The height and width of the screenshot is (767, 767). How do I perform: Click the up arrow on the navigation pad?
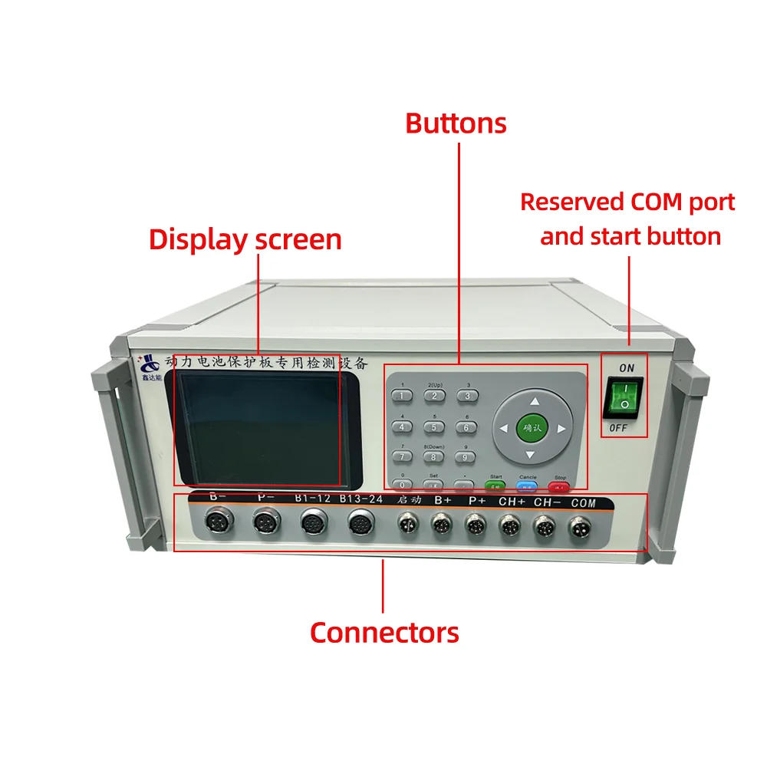pyautogui.click(x=535, y=400)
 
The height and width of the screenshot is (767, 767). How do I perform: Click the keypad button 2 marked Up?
pyautogui.click(x=434, y=396)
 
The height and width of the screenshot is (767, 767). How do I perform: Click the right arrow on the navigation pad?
pyautogui.click(x=562, y=429)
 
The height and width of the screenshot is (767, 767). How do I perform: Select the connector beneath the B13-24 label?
pyautogui.click(x=359, y=525)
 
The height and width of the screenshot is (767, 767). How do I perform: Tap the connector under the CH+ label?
pyautogui.click(x=509, y=526)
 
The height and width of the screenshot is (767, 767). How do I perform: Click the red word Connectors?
pyautogui.click(x=384, y=633)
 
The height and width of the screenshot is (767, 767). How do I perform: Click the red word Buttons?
pyautogui.click(x=456, y=123)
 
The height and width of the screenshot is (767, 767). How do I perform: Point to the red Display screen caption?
pyautogui.click(x=245, y=239)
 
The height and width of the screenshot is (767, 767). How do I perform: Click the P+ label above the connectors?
pyautogui.click(x=477, y=501)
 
